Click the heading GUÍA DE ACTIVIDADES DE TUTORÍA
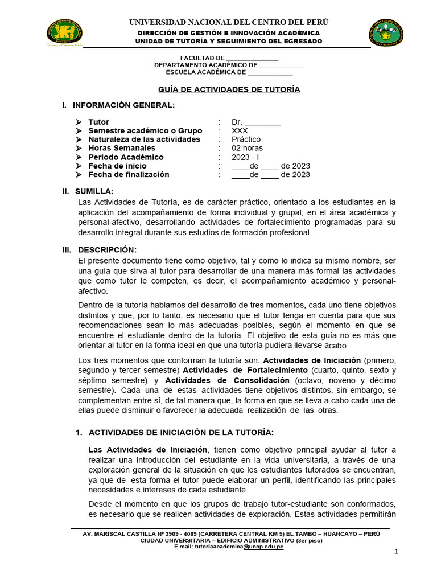(x=228, y=89)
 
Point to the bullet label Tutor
(x=98, y=122)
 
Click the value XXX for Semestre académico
(x=240, y=130)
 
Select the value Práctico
(x=246, y=139)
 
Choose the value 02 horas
(x=247, y=148)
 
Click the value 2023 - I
(x=245, y=157)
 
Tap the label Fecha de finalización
(x=129, y=174)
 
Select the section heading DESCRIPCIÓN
(x=107, y=250)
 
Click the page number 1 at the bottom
(x=397, y=552)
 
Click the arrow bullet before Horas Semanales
(x=78, y=148)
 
